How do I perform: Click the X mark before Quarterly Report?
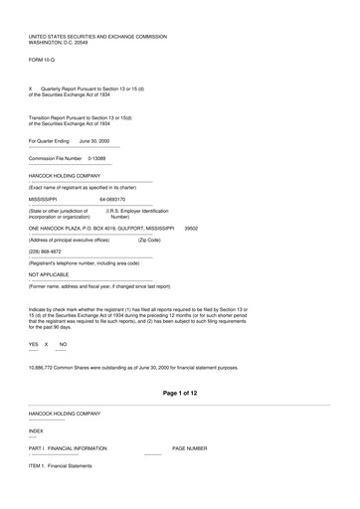[x=31, y=88]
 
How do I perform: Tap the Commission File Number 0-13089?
[x=97, y=158]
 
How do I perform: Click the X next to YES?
[x=47, y=343]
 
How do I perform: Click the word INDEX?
[x=36, y=430]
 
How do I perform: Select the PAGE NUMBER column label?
[x=190, y=448]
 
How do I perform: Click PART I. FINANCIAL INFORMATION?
[x=68, y=448]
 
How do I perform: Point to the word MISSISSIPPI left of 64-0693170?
[x=49, y=198]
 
